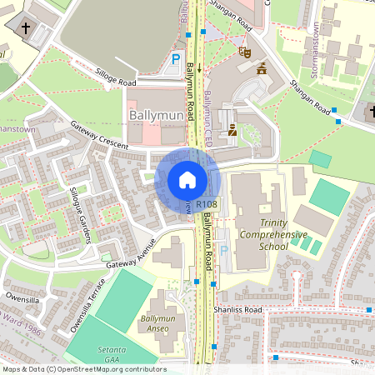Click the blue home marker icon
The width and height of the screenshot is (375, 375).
pyautogui.click(x=187, y=180)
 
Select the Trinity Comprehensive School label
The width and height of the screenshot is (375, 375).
pyautogui.click(x=261, y=235)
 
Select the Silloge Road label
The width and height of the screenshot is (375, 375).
pyautogui.click(x=115, y=77)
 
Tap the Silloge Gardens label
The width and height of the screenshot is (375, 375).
pyautogui.click(x=81, y=214)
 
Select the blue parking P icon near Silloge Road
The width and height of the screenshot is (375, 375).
pyautogui.click(x=176, y=59)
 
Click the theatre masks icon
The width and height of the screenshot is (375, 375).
pyautogui.click(x=245, y=51)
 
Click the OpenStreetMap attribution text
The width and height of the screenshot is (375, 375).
pyautogui.click(x=85, y=368)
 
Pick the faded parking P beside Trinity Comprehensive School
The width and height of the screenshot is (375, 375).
pyautogui.click(x=223, y=250)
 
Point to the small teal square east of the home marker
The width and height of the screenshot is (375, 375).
pyautogui.click(x=320, y=158)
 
